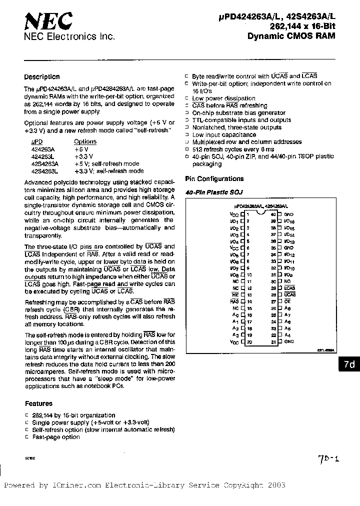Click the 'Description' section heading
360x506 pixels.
[x=41, y=77]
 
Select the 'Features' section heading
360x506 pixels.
[x=38, y=403]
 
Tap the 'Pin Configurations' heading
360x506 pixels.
[x=214, y=178]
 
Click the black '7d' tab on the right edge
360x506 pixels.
[x=349, y=364]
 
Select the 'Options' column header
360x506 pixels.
[x=85, y=141]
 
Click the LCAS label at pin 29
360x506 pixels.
[x=289, y=288]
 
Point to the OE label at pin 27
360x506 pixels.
[x=287, y=301]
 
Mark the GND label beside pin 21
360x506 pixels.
[x=289, y=342]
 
